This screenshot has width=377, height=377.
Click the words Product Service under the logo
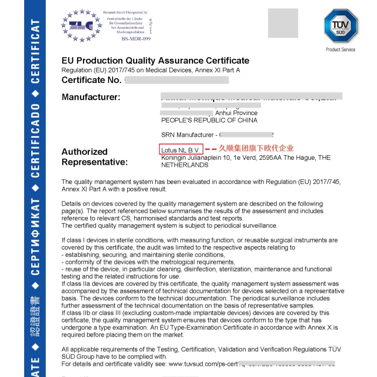340,50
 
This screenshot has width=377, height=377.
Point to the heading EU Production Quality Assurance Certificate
155,61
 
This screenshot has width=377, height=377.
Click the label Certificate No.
91,80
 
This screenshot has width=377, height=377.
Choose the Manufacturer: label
91,97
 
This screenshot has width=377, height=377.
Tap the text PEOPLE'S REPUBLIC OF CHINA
209,121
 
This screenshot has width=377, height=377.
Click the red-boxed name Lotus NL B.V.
181,150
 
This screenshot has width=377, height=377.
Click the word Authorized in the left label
84,151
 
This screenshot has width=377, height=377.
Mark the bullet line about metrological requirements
148,262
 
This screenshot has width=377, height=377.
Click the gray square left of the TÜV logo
284,23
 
